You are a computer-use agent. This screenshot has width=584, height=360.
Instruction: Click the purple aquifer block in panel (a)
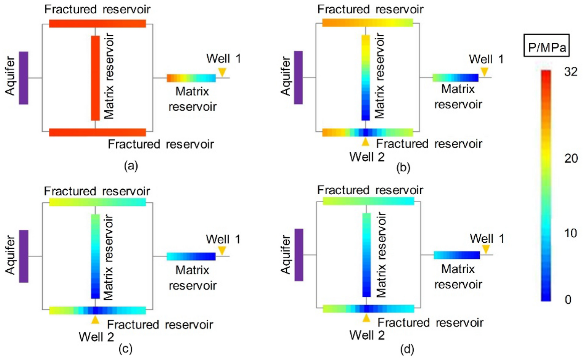pyautogui.click(x=24, y=78)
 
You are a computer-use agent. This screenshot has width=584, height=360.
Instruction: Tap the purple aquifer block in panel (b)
pyautogui.click(x=298, y=78)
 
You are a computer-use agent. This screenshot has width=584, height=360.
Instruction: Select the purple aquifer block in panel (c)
pyautogui.click(x=24, y=256)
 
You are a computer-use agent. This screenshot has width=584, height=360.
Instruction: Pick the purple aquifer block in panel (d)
pyautogui.click(x=299, y=255)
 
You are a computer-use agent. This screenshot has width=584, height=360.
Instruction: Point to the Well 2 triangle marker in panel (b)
pyautogui.click(x=365, y=142)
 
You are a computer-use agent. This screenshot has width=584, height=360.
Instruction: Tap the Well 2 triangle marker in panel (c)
pyautogui.click(x=95, y=320)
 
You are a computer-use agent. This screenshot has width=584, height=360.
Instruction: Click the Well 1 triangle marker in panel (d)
pyautogui.click(x=486, y=249)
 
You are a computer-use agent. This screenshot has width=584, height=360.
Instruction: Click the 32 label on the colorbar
pyautogui.click(x=570, y=72)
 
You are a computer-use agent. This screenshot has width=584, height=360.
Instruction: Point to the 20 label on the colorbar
pyautogui.click(x=571, y=158)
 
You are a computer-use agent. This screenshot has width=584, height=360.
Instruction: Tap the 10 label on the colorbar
pyautogui.click(x=570, y=233)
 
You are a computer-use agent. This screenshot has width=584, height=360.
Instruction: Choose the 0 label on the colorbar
pyautogui.click(x=568, y=300)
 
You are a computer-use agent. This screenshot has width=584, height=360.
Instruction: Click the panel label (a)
pyautogui.click(x=131, y=166)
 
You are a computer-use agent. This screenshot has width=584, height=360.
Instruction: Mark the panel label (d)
pyautogui.click(x=407, y=349)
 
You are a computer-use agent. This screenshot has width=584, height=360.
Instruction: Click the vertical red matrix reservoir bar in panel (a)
pyautogui.click(x=95, y=78)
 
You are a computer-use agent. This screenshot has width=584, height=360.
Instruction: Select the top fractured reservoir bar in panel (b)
pyautogui.click(x=367, y=23)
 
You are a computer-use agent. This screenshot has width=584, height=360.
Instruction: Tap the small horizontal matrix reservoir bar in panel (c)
pyautogui.click(x=191, y=256)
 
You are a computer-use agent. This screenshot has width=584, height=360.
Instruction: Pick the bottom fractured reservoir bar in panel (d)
pyautogui.click(x=368, y=309)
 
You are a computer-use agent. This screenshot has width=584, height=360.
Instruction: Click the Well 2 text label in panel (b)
pyautogui.click(x=367, y=157)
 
